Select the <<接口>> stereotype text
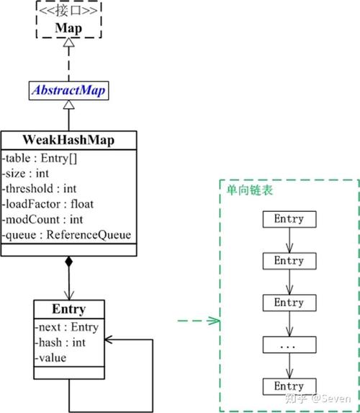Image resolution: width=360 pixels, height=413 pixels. (x=68, y=12)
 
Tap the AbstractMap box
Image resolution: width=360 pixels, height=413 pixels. (x=68, y=91)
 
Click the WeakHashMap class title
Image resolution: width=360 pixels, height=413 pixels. (x=68, y=139)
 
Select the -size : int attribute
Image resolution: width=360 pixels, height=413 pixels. (x=29, y=174)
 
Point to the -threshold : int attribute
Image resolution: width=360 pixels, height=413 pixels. (x=40, y=189)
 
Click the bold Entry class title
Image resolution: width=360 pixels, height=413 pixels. (x=68, y=309)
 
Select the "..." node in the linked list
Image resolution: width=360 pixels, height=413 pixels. (x=288, y=345)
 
